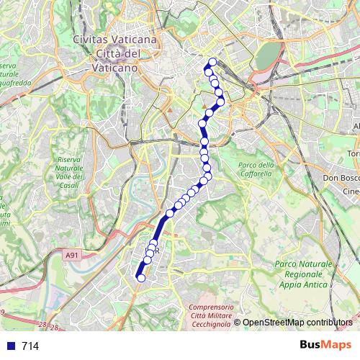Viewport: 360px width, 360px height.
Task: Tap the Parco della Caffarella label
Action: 257,169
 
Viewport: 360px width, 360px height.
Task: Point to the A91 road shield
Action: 71,255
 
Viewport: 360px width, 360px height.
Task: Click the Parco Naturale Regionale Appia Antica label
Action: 301,274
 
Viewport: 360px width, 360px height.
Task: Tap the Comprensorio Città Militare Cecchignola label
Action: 214,316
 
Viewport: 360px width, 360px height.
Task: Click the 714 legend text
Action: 30,346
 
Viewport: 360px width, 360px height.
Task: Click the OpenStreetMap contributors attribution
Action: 297,323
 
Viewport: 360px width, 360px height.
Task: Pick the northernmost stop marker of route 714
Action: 212,62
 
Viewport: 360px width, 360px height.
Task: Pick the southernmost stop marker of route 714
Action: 141,278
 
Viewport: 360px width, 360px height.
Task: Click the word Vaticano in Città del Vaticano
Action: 115,67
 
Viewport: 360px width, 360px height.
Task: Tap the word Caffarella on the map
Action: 257,174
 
